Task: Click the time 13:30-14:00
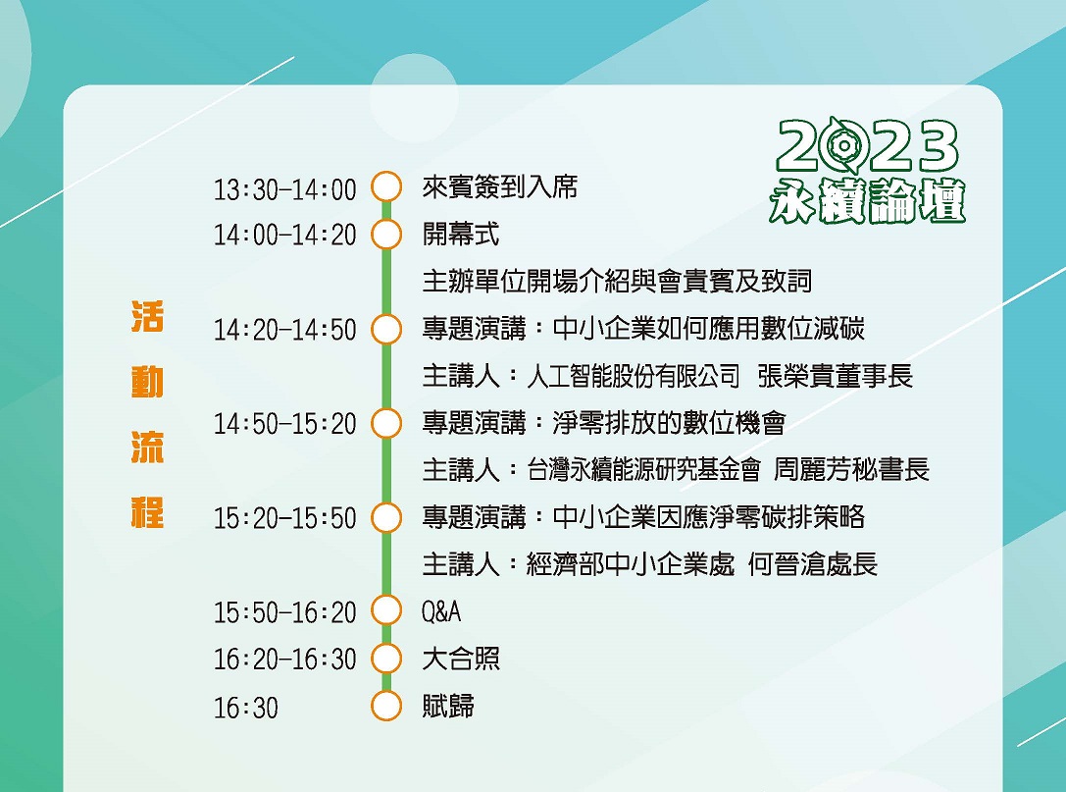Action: [284, 189]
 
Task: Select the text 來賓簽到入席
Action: [500, 187]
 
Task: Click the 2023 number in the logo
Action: [868, 145]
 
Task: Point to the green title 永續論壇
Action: [868, 201]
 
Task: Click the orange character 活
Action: [147, 316]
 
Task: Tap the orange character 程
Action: [147, 512]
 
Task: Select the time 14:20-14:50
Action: [284, 330]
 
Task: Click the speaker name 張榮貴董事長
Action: [835, 376]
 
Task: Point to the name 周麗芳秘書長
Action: [851, 469]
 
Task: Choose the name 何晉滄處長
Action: [813, 564]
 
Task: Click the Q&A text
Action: [441, 611]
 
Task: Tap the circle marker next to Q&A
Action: [386, 609]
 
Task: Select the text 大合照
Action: [461, 659]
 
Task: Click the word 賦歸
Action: [448, 706]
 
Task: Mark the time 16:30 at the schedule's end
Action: [246, 708]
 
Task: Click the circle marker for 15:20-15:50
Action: [386, 516]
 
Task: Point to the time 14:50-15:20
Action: [284, 424]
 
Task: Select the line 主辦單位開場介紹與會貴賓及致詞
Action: [617, 281]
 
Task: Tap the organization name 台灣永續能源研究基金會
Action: [643, 469]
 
